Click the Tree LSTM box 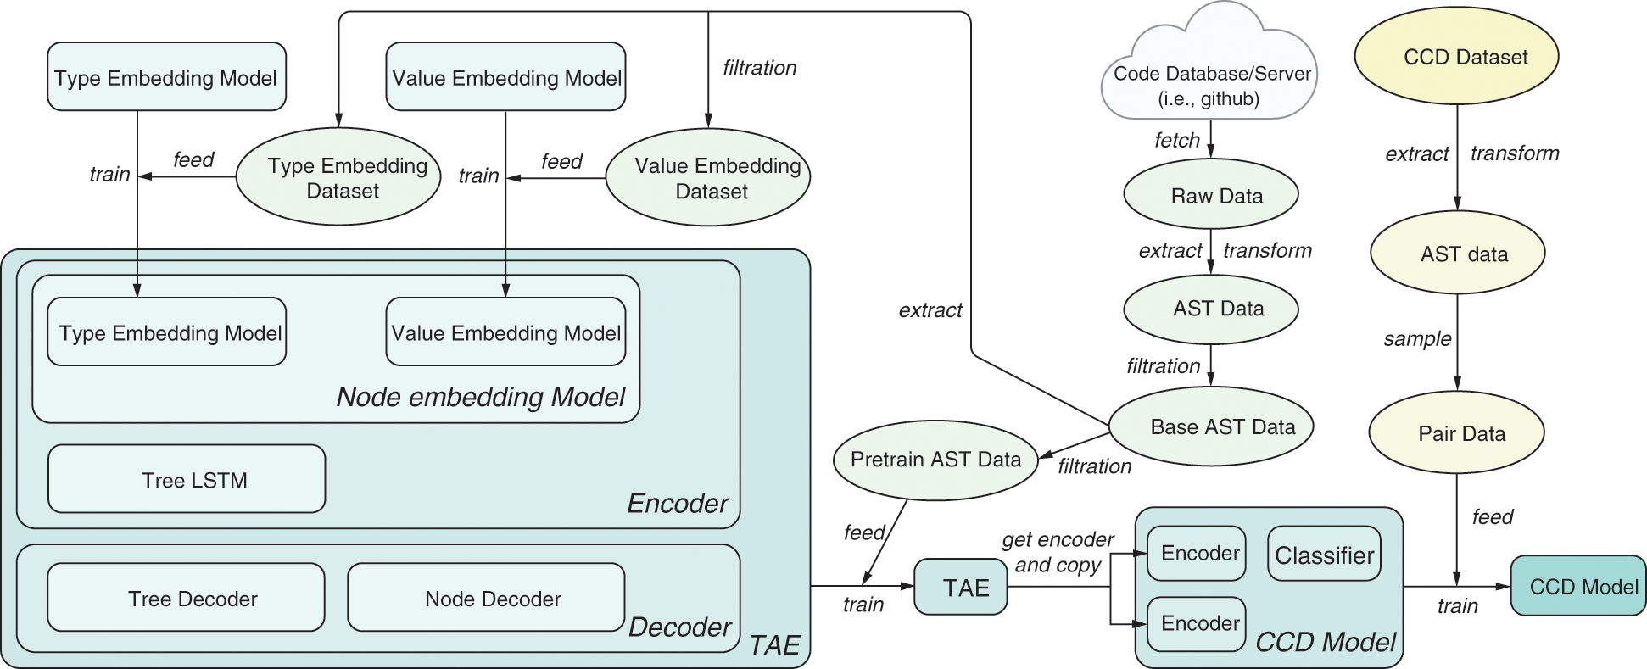pyautogui.click(x=187, y=479)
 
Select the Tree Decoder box pyautogui.click(x=186, y=598)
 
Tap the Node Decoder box pyautogui.click(x=486, y=598)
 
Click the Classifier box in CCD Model pyautogui.click(x=1324, y=555)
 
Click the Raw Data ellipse pyautogui.click(x=1211, y=195)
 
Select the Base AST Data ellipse pyautogui.click(x=1211, y=426)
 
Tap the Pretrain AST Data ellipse pyautogui.click(x=935, y=459)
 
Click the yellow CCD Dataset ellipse pyautogui.click(x=1457, y=57)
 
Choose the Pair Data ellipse pyautogui.click(x=1457, y=433)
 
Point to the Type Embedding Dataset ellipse pyautogui.click(x=339, y=178)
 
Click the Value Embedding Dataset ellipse pyautogui.click(x=709, y=178)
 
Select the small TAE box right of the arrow pyautogui.click(x=960, y=587)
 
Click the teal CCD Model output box pyautogui.click(x=1577, y=586)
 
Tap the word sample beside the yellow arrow pyautogui.click(x=1416, y=339)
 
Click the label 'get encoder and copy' pyautogui.click(x=1058, y=552)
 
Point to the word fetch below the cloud pyautogui.click(x=1176, y=140)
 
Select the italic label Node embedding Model pyautogui.click(x=480, y=397)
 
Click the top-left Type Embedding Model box pyautogui.click(x=166, y=77)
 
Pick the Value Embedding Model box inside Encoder pyautogui.click(x=505, y=332)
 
